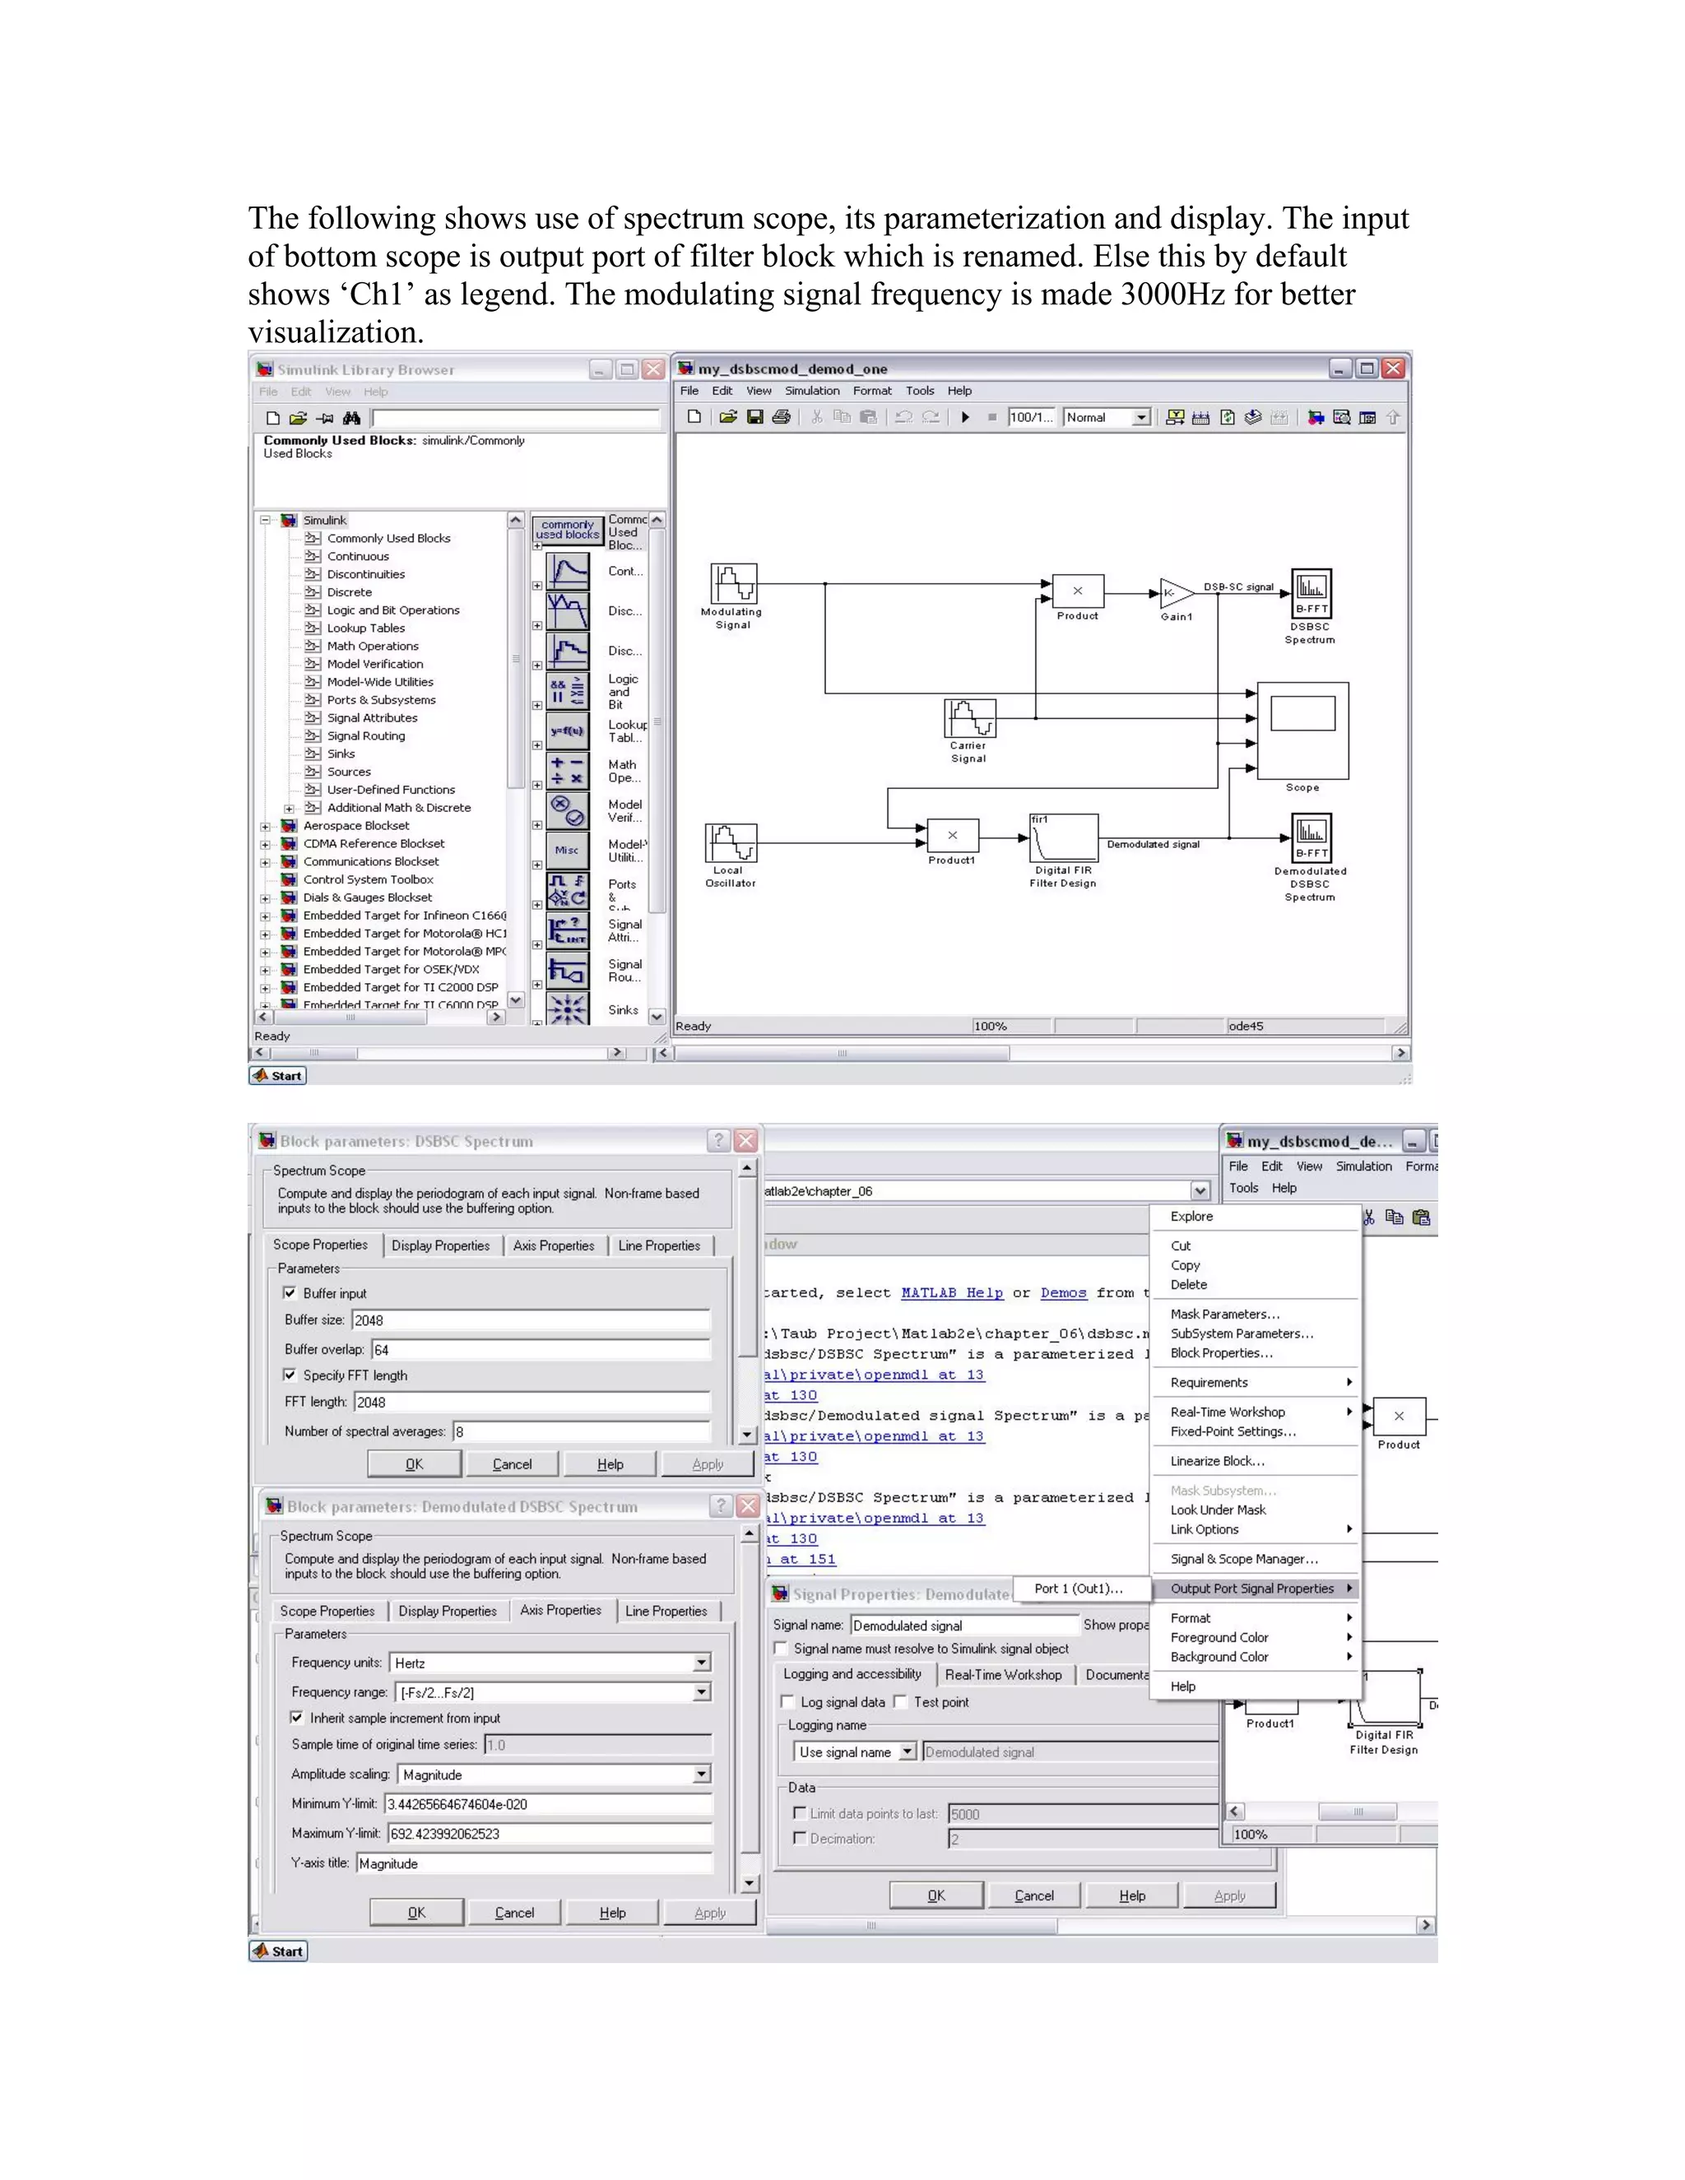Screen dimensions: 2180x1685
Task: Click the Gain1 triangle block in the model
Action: pos(1175,593)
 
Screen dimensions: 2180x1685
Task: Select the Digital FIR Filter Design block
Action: pos(1064,837)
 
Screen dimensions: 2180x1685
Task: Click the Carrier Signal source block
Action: pos(969,717)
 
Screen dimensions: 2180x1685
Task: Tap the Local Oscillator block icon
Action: pos(731,842)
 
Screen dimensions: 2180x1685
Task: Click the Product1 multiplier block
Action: pos(952,836)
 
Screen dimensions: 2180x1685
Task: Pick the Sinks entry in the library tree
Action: pos(341,754)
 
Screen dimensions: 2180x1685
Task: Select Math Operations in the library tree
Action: pos(373,646)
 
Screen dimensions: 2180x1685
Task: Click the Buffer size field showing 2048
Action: pos(530,1320)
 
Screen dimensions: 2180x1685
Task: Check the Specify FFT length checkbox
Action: pos(290,1375)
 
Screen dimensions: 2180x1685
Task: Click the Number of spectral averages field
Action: pos(582,1431)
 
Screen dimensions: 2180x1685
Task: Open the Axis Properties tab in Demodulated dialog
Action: pos(560,1610)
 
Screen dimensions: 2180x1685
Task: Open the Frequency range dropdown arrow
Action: pos(702,1692)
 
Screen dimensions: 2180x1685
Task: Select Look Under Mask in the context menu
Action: pos(1218,1510)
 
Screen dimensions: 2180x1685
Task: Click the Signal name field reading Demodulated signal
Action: pos(964,1625)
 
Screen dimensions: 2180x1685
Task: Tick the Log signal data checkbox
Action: pos(787,1702)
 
